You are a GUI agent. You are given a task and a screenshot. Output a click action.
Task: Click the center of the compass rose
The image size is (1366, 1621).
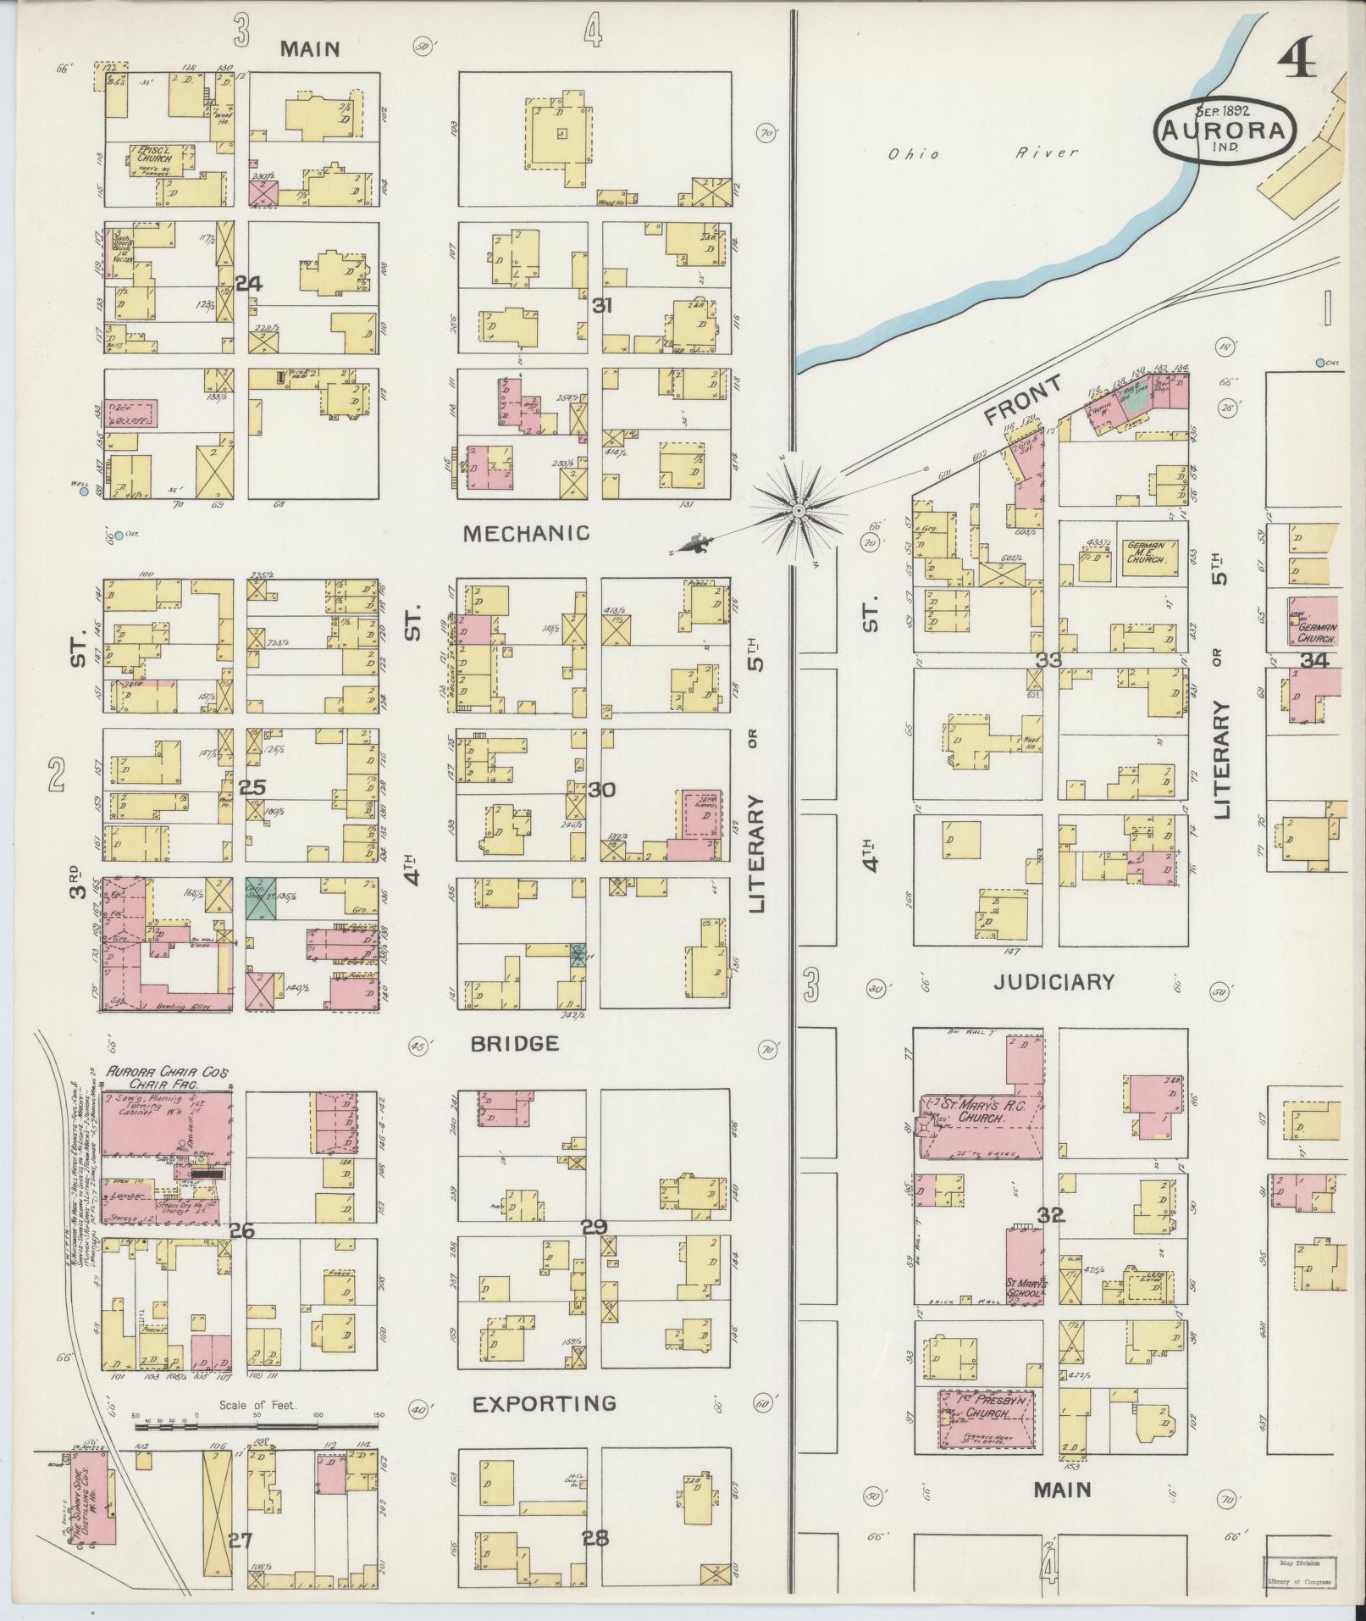tap(797, 511)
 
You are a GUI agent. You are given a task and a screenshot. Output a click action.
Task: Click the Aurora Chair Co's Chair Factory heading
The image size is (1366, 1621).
tap(167, 1077)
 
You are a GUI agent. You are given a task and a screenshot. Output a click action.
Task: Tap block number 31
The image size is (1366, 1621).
tap(602, 306)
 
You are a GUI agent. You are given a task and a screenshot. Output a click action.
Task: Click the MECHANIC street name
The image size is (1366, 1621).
tap(526, 533)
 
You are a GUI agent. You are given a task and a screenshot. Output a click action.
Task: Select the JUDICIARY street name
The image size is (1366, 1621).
tap(1054, 982)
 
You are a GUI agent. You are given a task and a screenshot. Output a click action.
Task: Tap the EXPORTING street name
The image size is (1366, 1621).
tap(544, 1404)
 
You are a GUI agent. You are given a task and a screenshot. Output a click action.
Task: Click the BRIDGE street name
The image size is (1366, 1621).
tap(514, 1043)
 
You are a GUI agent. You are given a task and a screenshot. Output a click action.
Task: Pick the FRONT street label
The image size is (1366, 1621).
tap(1023, 401)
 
